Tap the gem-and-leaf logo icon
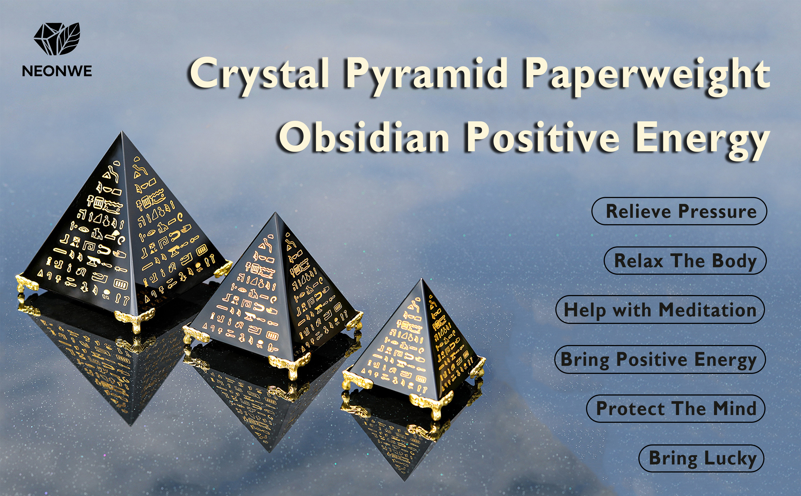(x=57, y=39)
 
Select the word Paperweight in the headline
(x=646, y=76)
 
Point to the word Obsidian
(x=364, y=137)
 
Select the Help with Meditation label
(x=660, y=310)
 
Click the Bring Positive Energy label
(x=660, y=359)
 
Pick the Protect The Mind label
(x=676, y=409)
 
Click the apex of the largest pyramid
(x=122, y=131)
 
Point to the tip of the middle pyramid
(x=275, y=213)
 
